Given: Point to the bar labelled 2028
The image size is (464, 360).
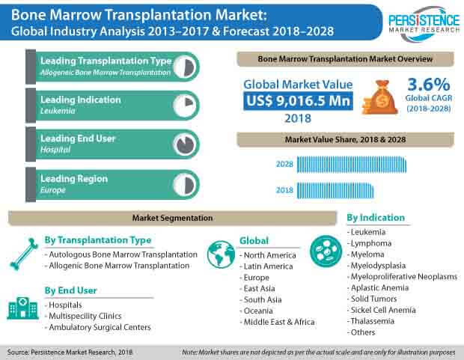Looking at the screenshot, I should click(x=351, y=164).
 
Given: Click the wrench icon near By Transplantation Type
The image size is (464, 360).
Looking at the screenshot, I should click(x=23, y=253).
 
